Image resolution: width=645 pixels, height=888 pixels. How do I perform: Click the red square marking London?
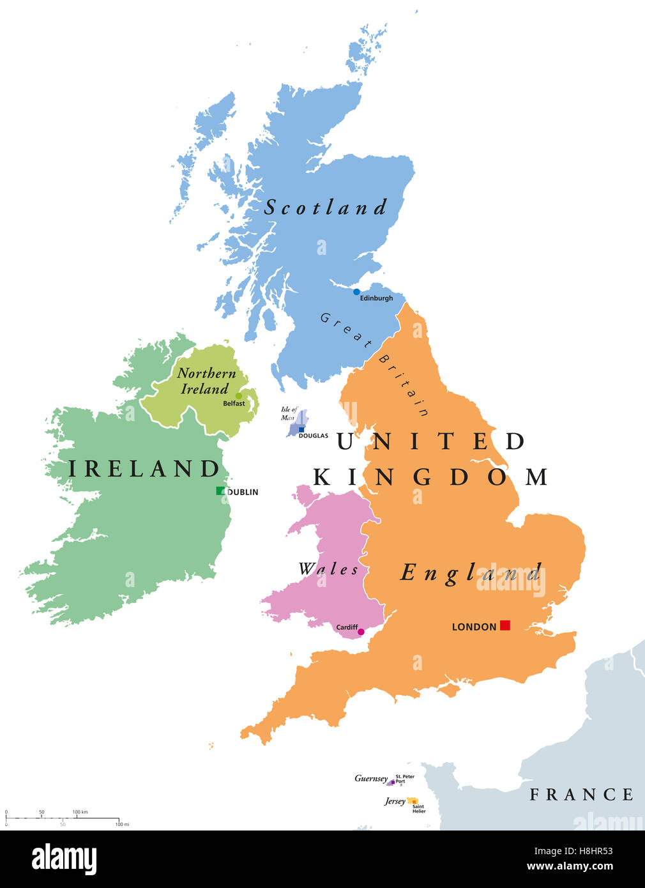[505, 625]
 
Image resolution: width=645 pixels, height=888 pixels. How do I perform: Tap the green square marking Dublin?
[220, 491]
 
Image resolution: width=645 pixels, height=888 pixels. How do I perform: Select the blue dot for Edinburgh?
[356, 292]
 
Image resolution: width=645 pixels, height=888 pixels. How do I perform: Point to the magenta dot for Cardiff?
[361, 632]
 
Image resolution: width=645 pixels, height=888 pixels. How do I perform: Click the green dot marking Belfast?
[239, 396]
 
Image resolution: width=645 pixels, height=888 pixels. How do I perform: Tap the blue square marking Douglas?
[301, 429]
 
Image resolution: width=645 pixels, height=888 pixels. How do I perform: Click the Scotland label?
[326, 207]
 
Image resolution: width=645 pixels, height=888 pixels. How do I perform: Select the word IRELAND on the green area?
[144, 468]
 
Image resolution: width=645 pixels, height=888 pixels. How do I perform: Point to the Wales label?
[328, 569]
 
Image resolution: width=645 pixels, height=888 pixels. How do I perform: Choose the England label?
[471, 572]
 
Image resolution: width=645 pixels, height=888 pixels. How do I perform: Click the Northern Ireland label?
[206, 381]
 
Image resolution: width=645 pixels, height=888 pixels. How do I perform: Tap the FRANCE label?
[582, 794]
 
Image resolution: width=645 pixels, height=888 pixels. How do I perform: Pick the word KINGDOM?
[430, 477]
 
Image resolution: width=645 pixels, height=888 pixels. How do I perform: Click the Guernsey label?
[371, 778]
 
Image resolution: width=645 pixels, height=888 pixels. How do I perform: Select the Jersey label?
[395, 801]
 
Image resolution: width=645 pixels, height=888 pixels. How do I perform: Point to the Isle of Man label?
[289, 413]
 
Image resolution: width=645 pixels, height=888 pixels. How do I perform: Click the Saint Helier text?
[419, 809]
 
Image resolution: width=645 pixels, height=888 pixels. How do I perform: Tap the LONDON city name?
[474, 627]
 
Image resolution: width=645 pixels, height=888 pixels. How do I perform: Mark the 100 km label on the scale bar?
[80, 812]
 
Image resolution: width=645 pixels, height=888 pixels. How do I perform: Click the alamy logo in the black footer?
[64, 859]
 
